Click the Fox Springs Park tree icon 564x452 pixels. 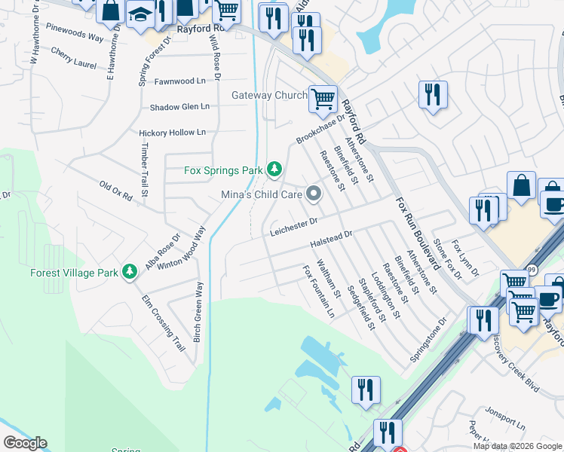click(x=275, y=170)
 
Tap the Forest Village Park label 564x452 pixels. click(x=74, y=273)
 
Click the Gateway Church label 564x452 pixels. click(x=269, y=96)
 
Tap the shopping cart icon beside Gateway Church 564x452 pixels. click(x=323, y=98)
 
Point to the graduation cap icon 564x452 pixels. click(x=140, y=14)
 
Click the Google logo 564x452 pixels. click(x=25, y=443)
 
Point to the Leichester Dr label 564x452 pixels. click(x=296, y=227)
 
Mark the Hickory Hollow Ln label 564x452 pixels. click(x=173, y=133)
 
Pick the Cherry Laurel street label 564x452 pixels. click(x=74, y=58)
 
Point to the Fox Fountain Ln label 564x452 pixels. click(x=318, y=291)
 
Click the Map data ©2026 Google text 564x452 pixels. click(x=516, y=446)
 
